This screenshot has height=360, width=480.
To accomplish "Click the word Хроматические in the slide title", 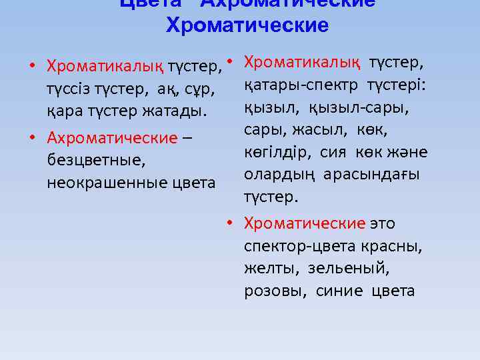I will (247, 25).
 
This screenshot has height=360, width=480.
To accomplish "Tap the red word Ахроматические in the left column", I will (112, 138).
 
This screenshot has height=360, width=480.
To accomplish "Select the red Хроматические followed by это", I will (305, 223).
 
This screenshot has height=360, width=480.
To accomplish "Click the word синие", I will (340, 291).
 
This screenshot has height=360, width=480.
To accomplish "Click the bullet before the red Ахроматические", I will (32, 138).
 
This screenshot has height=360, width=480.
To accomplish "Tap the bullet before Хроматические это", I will (229, 223).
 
